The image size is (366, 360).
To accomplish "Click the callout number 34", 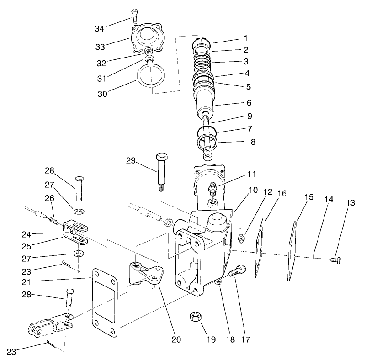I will coord(99,28).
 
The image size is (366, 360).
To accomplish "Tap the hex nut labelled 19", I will coord(196,316).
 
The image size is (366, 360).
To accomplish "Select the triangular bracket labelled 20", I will coord(145,274).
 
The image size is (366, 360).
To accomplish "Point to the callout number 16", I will coord(281,193).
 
